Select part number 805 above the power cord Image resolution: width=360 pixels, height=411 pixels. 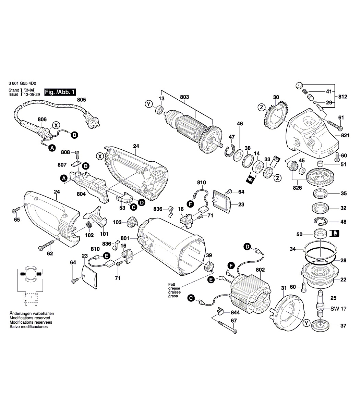pyautogui.click(x=82, y=100)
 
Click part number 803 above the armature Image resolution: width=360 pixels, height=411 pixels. pyautogui.click(x=184, y=97)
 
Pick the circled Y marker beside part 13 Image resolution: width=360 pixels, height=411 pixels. pyautogui.click(x=148, y=104)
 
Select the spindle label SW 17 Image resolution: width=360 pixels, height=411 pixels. pyautogui.click(x=339, y=309)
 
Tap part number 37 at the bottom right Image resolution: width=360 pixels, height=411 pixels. pyautogui.click(x=343, y=326)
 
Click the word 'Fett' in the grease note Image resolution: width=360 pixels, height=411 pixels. pyautogui.click(x=171, y=284)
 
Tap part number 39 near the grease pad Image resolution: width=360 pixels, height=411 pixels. pyautogui.click(x=209, y=255)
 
